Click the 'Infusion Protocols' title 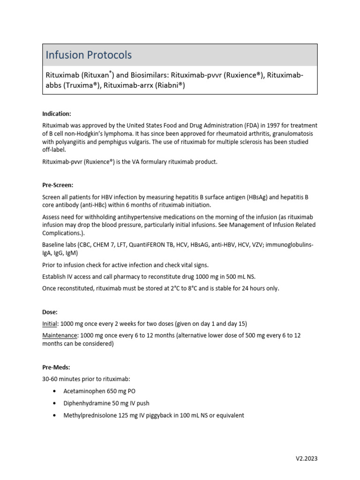pos(89,55)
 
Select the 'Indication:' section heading pos(57,113)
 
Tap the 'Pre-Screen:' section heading pos(58,186)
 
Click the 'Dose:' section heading pos(50,312)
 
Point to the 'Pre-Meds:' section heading pos(56,368)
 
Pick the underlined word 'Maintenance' pos(60,336)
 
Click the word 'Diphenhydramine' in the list pos(87,403)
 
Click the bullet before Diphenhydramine pos(55,403)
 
